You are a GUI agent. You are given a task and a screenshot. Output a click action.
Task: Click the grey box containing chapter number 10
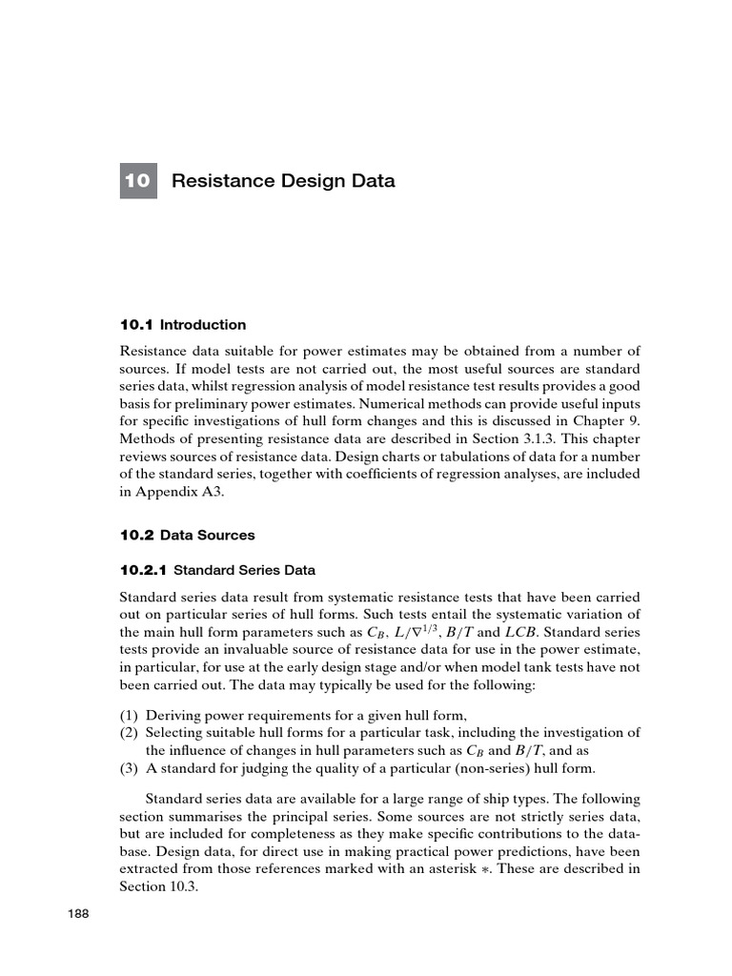coord(138,181)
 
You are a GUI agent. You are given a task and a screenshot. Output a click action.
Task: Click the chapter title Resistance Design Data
coord(283,181)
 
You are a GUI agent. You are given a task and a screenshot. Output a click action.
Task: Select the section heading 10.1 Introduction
coord(183,324)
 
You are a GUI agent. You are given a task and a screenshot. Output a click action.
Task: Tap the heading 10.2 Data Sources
coord(187,535)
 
